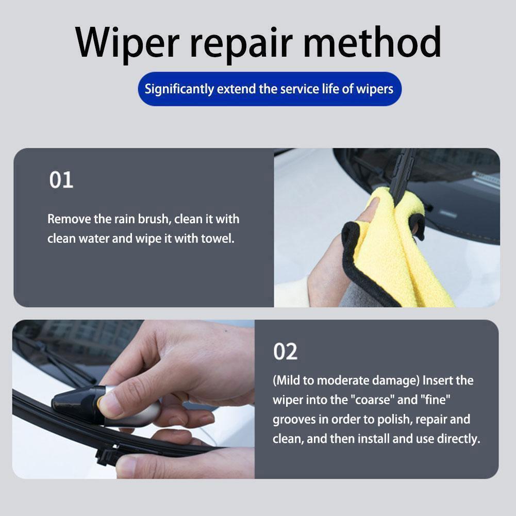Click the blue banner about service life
pyautogui.click(x=269, y=89)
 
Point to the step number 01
pyautogui.click(x=61, y=180)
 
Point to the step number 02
pyautogui.click(x=285, y=352)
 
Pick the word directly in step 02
pyautogui.click(x=454, y=439)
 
